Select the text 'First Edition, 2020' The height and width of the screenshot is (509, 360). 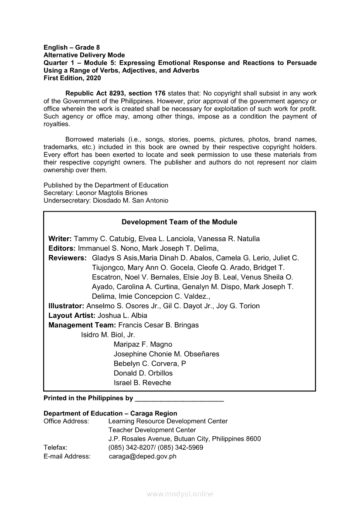[x=72, y=78]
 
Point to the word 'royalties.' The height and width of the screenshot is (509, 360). [x=57, y=124]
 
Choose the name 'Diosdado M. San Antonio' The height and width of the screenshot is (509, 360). [x=131, y=201]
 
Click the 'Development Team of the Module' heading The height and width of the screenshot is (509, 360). [x=179, y=222]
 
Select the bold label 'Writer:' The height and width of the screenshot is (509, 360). [x=60, y=239]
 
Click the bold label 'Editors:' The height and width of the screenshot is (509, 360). [x=62, y=248]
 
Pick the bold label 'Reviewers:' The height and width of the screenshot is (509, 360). [x=68, y=258]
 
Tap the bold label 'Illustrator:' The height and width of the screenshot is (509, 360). [x=66, y=306]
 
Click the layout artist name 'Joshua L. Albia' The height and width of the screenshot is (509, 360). [x=122, y=315]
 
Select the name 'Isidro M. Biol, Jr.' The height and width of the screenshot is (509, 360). [x=108, y=335]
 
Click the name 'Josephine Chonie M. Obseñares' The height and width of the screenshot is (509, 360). [x=166, y=354]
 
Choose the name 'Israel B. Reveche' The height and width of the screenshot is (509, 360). [x=142, y=383]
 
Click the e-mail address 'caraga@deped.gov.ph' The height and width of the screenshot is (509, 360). [x=143, y=456]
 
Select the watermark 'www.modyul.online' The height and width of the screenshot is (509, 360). [x=180, y=494]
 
